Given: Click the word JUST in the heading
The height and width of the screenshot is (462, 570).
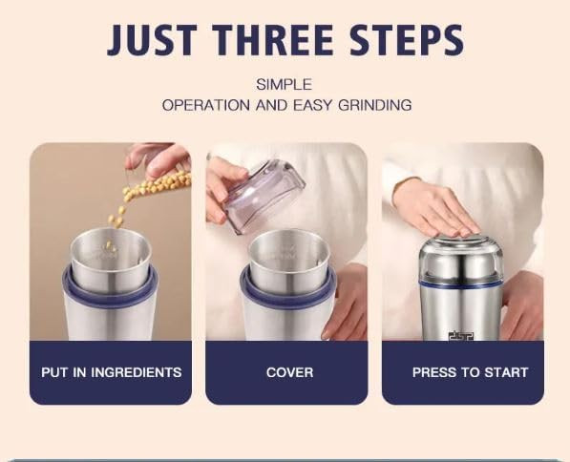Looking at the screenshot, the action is tap(153, 40).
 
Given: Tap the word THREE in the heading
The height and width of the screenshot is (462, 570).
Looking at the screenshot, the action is tap(273, 40).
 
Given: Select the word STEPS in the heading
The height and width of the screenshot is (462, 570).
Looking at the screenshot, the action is tap(407, 40).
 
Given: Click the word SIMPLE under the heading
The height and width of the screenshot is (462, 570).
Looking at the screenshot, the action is tap(285, 85).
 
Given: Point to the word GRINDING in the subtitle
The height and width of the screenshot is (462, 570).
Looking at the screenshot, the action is tap(375, 105).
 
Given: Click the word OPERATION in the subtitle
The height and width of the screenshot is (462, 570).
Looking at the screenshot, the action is tap(206, 105).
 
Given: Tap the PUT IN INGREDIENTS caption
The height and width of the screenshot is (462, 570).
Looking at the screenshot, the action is tap(112, 372).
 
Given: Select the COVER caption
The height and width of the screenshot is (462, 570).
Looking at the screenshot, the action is tap(289, 372).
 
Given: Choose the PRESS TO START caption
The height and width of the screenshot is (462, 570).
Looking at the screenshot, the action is tap(470, 372).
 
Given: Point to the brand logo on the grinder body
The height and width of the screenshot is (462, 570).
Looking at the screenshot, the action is tap(461, 336).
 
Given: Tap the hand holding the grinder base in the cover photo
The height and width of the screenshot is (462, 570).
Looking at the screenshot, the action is tap(346, 302).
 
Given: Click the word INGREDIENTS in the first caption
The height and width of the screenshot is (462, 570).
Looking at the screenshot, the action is tap(137, 372).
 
